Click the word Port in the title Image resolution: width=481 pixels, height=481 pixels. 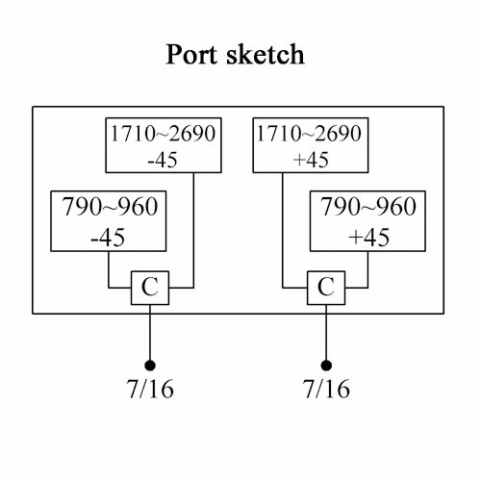(x=191, y=54)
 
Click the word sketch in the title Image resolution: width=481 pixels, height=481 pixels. (x=266, y=54)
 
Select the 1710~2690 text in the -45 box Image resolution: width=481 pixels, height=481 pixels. (x=164, y=134)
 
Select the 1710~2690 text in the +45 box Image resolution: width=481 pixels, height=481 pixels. (x=310, y=134)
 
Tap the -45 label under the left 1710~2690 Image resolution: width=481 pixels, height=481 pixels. (x=163, y=160)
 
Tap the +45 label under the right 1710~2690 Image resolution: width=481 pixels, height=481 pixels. (x=311, y=160)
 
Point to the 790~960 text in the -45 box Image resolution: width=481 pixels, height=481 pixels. (x=110, y=206)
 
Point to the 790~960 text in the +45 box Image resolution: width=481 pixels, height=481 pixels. (x=368, y=206)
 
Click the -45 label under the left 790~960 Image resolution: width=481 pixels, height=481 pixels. (x=108, y=238)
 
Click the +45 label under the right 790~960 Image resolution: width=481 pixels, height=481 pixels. (x=369, y=238)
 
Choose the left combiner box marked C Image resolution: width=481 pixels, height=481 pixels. (x=150, y=288)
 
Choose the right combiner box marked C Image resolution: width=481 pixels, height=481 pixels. (x=326, y=288)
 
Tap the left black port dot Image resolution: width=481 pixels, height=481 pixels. (x=150, y=366)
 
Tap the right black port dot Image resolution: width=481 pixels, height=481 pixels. (x=326, y=366)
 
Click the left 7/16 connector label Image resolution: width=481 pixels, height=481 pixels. (x=150, y=389)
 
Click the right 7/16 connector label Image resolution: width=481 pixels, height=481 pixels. (x=326, y=389)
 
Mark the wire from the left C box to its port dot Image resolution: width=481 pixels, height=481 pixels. (x=150, y=332)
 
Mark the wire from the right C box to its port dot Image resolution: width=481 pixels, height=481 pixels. (x=326, y=332)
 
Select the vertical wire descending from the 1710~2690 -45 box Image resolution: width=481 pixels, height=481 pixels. (x=193, y=230)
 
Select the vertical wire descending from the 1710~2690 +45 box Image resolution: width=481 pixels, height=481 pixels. (x=283, y=230)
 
